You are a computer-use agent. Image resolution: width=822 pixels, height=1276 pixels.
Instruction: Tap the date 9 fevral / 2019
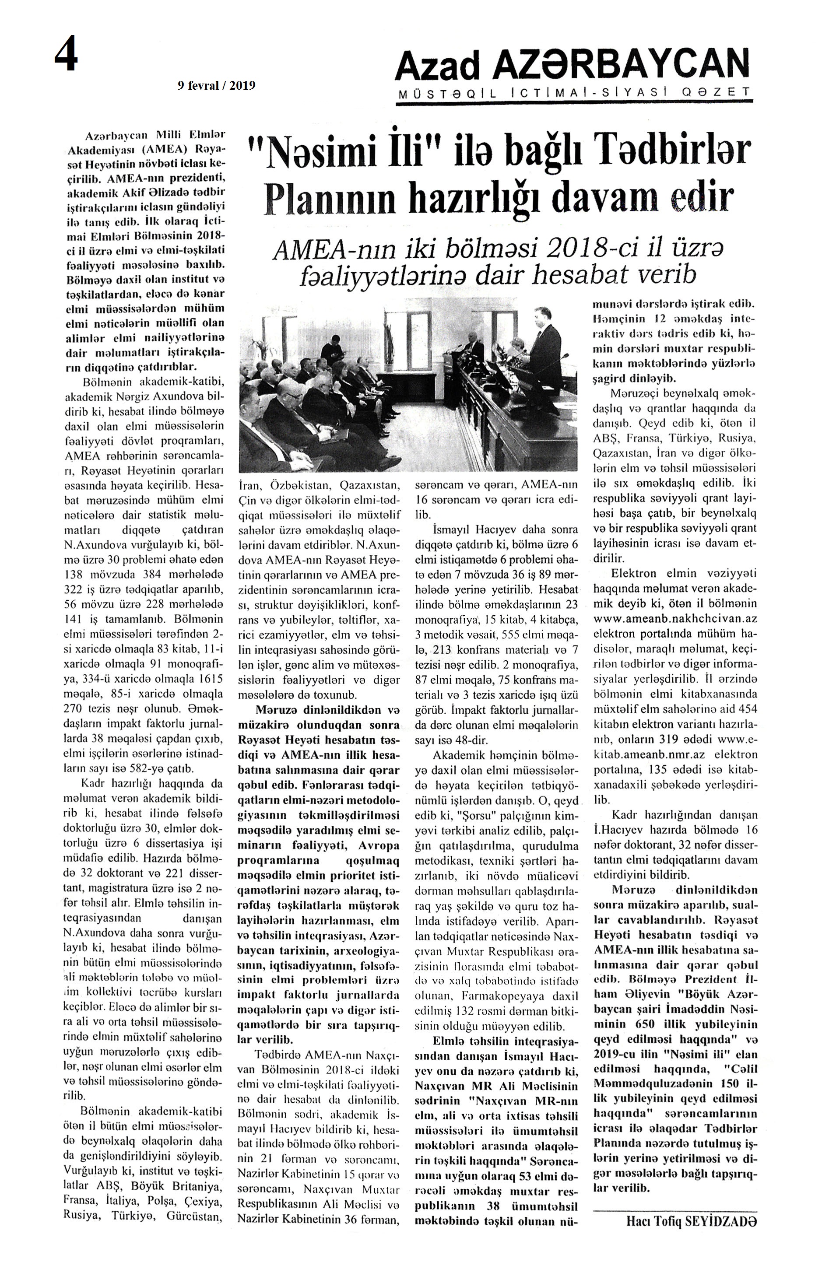[x=217, y=85]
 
